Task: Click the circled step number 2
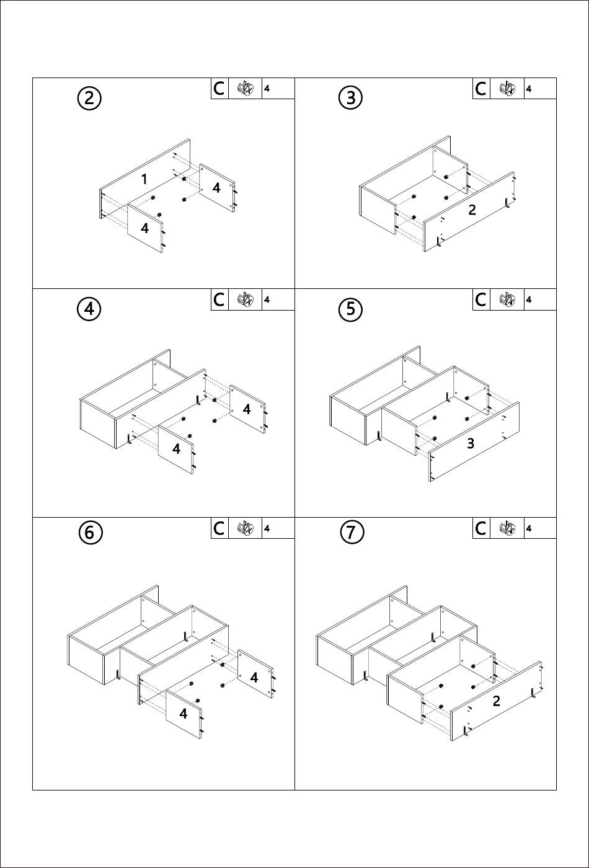[x=89, y=98]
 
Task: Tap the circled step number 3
[x=351, y=97]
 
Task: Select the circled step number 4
[x=89, y=309]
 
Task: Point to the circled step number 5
[x=351, y=309]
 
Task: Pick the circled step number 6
[x=89, y=533]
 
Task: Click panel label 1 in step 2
[x=144, y=179]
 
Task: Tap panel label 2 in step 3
[x=472, y=210]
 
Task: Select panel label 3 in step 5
[x=471, y=443]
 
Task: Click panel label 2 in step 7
[x=497, y=701]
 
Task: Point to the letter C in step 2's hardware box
[x=219, y=89]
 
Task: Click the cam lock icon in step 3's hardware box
[x=507, y=89]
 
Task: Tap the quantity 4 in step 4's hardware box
[x=267, y=300]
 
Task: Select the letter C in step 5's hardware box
[x=480, y=299]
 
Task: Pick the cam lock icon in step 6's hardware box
[x=246, y=528]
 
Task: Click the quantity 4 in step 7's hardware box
[x=528, y=528]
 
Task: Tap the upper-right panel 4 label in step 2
[x=216, y=188]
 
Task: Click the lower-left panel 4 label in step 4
[x=176, y=449]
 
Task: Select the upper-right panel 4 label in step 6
[x=254, y=677]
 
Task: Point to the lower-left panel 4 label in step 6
[x=184, y=713]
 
